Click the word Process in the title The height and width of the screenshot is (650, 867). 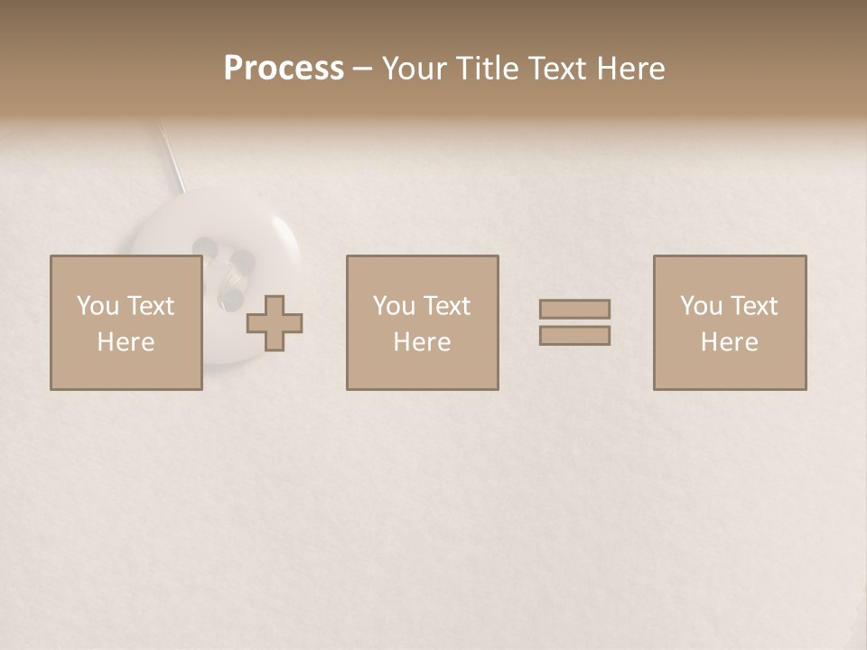click(284, 69)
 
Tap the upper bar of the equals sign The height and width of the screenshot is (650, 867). click(574, 310)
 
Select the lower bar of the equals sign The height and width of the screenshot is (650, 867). click(574, 335)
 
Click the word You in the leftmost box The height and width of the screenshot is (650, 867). click(98, 306)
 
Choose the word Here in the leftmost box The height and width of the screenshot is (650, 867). click(126, 342)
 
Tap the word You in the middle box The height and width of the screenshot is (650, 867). click(395, 306)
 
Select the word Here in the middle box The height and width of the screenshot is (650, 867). click(422, 342)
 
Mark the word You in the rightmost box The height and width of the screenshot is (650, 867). click(702, 306)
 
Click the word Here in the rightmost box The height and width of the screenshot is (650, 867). click(729, 342)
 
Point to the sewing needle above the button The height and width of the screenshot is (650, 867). click(172, 158)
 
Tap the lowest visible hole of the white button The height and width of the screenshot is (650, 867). click(231, 295)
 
